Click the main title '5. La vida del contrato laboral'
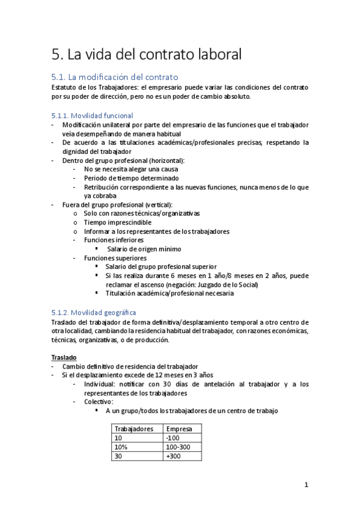pyautogui.click(x=147, y=55)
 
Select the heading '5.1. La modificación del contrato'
pyautogui.click(x=115, y=78)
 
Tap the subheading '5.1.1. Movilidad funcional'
pyautogui.click(x=93, y=115)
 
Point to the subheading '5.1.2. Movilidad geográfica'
pyautogui.click(x=94, y=312)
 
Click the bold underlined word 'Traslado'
pyautogui.click(x=64, y=357)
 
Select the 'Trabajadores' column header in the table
pyautogui.click(x=133, y=429)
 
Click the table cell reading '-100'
pyautogui.click(x=172, y=438)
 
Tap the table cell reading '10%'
pyautogui.click(x=121, y=447)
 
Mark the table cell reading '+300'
pyautogui.click(x=173, y=456)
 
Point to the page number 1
pyautogui.click(x=306, y=485)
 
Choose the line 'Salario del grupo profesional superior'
pyautogui.click(x=160, y=266)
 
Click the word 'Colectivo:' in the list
pyautogui.click(x=99, y=402)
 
